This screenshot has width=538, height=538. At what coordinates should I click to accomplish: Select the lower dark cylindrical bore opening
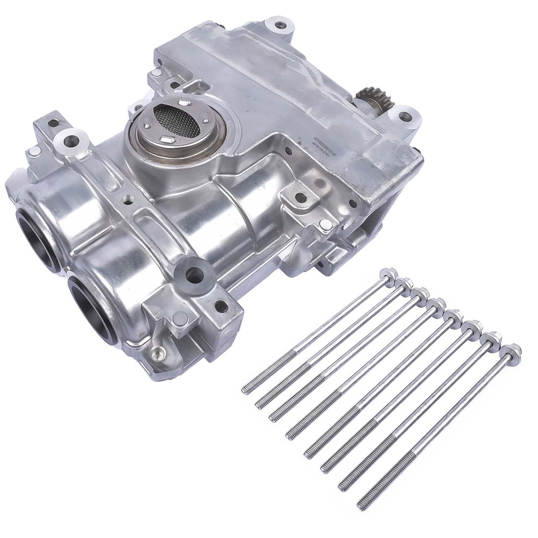90,306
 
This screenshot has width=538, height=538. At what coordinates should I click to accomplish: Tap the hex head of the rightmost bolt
511,351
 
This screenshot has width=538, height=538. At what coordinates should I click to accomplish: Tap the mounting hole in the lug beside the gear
405,116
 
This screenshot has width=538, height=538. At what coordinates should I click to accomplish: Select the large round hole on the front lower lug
194,274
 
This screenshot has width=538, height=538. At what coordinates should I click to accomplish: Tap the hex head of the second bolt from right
492,339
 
